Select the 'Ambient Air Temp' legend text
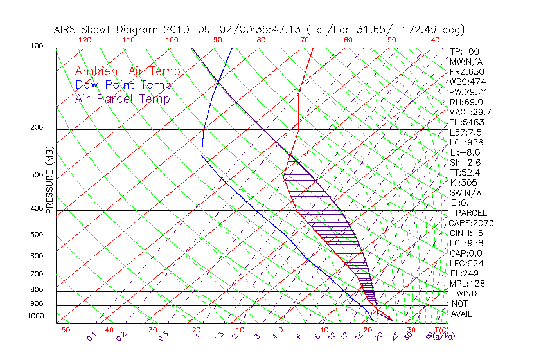click(127, 71)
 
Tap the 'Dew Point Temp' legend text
click(123, 85)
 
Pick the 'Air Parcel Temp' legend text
click(122, 98)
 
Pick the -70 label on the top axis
click(301, 40)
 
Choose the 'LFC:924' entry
click(466, 263)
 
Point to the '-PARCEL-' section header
click(471, 213)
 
